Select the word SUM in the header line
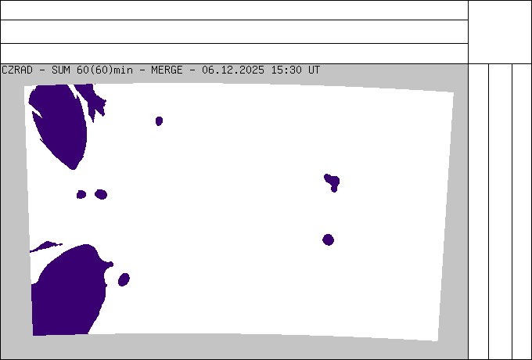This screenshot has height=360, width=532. [61, 70]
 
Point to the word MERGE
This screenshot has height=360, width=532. [167, 70]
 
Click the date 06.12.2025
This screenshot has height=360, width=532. [233, 70]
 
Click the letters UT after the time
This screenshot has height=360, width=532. [314, 70]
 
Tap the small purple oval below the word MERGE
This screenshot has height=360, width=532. [159, 121]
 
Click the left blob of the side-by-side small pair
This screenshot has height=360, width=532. [81, 194]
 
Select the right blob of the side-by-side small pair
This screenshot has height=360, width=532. [101, 194]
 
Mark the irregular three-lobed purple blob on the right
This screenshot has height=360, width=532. [332, 182]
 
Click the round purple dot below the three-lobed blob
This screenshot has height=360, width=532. [328, 240]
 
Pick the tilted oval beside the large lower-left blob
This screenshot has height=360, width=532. [124, 279]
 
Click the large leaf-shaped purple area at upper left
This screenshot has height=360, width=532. [59, 125]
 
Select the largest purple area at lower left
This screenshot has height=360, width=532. [68, 292]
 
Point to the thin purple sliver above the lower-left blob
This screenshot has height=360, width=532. [46, 247]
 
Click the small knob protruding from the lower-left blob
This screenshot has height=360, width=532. [110, 265]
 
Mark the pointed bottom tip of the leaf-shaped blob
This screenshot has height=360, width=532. [73, 169]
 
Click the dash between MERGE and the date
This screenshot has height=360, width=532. [192, 70]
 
